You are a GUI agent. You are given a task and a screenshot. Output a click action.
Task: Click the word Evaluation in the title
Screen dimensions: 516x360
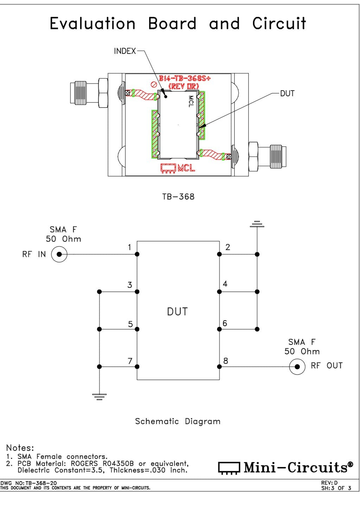[x=93, y=24]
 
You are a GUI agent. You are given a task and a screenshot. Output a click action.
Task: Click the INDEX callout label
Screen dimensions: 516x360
[x=125, y=51]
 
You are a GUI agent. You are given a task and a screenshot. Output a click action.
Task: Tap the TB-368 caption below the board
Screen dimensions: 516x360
[x=178, y=197]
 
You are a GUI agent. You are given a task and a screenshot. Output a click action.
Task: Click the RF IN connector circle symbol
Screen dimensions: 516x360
[x=59, y=254]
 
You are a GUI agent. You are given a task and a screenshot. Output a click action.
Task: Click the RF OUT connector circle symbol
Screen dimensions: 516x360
[x=297, y=367]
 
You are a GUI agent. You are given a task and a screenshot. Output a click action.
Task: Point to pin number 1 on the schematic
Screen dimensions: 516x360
[x=130, y=247]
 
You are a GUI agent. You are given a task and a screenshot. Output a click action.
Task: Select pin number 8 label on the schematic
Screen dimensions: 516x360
[x=226, y=361]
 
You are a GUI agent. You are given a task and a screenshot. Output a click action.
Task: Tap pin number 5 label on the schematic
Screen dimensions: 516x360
[x=130, y=324]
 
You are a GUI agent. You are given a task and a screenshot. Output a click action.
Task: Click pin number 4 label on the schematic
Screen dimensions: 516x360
[x=225, y=284]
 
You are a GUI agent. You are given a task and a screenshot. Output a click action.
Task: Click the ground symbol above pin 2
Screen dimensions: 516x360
[x=257, y=224]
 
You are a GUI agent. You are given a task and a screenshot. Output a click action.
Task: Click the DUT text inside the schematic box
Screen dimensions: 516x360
[x=177, y=312]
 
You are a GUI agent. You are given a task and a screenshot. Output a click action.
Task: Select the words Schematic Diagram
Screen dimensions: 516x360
[x=178, y=421]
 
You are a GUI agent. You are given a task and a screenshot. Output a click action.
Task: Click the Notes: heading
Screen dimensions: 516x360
[x=20, y=448]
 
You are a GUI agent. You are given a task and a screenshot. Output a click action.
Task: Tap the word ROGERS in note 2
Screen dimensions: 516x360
[x=84, y=464]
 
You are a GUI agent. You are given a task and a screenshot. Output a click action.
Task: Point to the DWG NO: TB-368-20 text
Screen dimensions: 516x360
[x=29, y=483]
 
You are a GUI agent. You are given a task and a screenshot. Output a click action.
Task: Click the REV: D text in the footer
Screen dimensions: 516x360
[x=329, y=483]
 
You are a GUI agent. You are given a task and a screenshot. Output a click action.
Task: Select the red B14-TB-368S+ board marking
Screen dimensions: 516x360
[x=185, y=78]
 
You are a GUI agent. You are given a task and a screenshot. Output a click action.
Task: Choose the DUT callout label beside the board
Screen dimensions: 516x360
[x=287, y=94]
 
